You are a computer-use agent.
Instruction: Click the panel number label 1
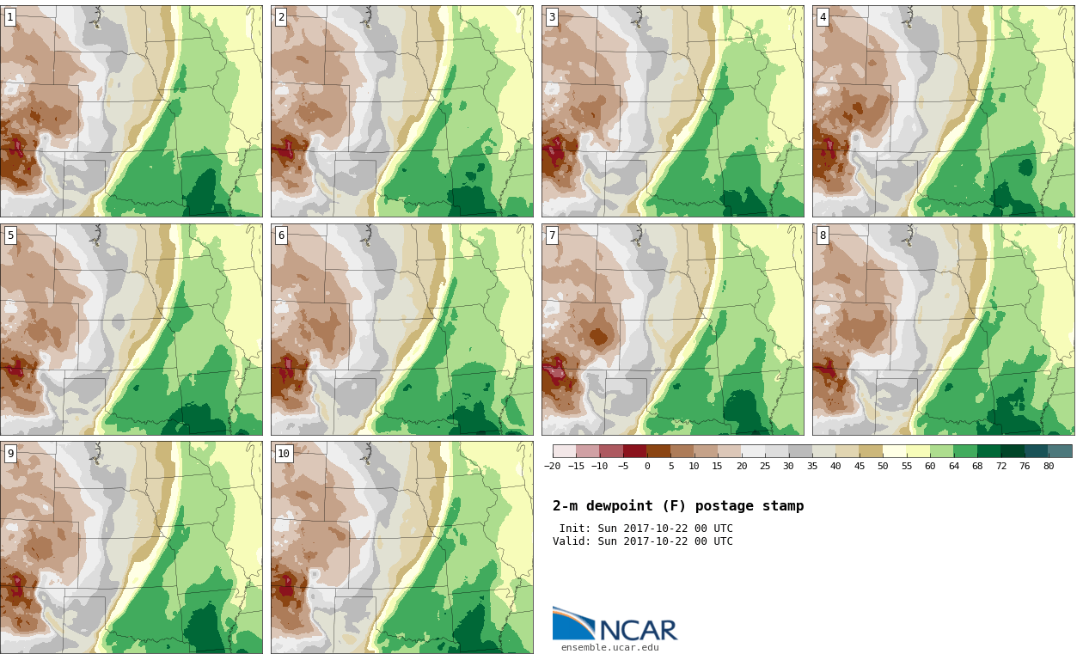tap(10, 18)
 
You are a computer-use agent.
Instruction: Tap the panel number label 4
tap(823, 18)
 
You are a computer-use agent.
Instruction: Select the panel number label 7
tap(552, 235)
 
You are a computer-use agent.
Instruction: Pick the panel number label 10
tap(284, 454)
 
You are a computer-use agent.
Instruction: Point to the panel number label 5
tap(10, 235)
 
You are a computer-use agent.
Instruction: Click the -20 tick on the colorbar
tap(553, 466)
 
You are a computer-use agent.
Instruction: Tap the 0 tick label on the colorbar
tap(647, 466)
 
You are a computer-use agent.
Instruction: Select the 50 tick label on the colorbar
tap(883, 466)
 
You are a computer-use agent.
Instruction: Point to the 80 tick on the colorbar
tap(1049, 466)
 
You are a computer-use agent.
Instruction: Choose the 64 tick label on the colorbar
tap(953, 466)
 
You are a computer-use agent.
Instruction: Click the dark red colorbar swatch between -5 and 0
tap(635, 451)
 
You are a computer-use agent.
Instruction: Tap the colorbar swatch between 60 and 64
tap(942, 451)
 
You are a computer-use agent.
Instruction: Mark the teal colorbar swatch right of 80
tap(1061, 451)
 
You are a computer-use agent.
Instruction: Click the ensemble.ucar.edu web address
tap(610, 647)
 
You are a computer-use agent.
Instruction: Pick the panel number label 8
tap(823, 235)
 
